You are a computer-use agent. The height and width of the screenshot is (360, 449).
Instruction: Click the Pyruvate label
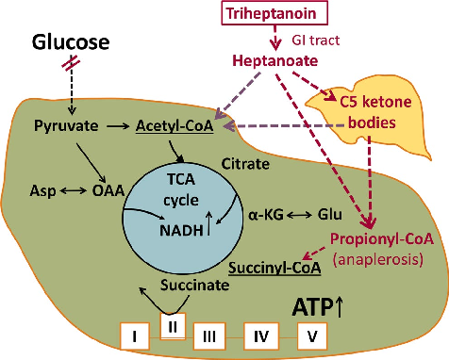point(63,124)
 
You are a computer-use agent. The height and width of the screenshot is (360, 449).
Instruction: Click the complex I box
point(136,335)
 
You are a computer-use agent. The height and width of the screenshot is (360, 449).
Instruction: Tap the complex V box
point(312,335)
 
